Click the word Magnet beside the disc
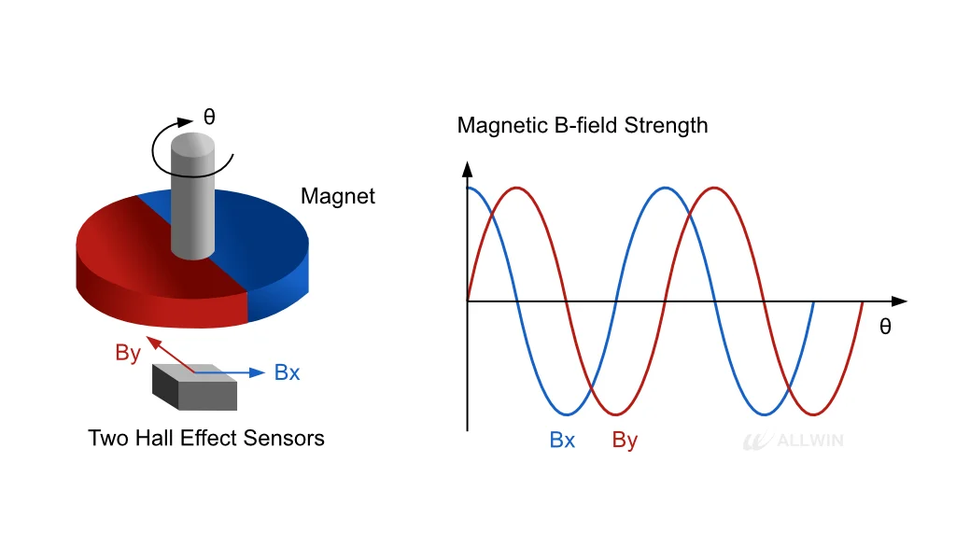pyautogui.click(x=338, y=196)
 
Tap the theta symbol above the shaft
pyautogui.click(x=209, y=117)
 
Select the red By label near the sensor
pyautogui.click(x=128, y=353)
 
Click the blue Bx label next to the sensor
pyautogui.click(x=288, y=372)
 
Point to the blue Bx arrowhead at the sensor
pyautogui.click(x=258, y=372)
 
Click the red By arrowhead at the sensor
pyautogui.click(x=153, y=343)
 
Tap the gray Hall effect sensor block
pyautogui.click(x=194, y=387)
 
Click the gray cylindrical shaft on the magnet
pyautogui.click(x=192, y=196)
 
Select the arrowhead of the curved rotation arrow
pyautogui.click(x=186, y=122)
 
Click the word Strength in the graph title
pyautogui.click(x=666, y=125)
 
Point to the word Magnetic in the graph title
pyautogui.click(x=502, y=125)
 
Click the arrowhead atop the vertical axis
pyautogui.click(x=468, y=169)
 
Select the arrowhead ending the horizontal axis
pyautogui.click(x=899, y=301)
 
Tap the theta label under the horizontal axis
pyautogui.click(x=885, y=327)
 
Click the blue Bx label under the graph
pyautogui.click(x=562, y=440)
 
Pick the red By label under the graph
pyautogui.click(x=625, y=440)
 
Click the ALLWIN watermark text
pyautogui.click(x=810, y=440)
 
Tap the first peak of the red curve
pyautogui.click(x=517, y=188)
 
